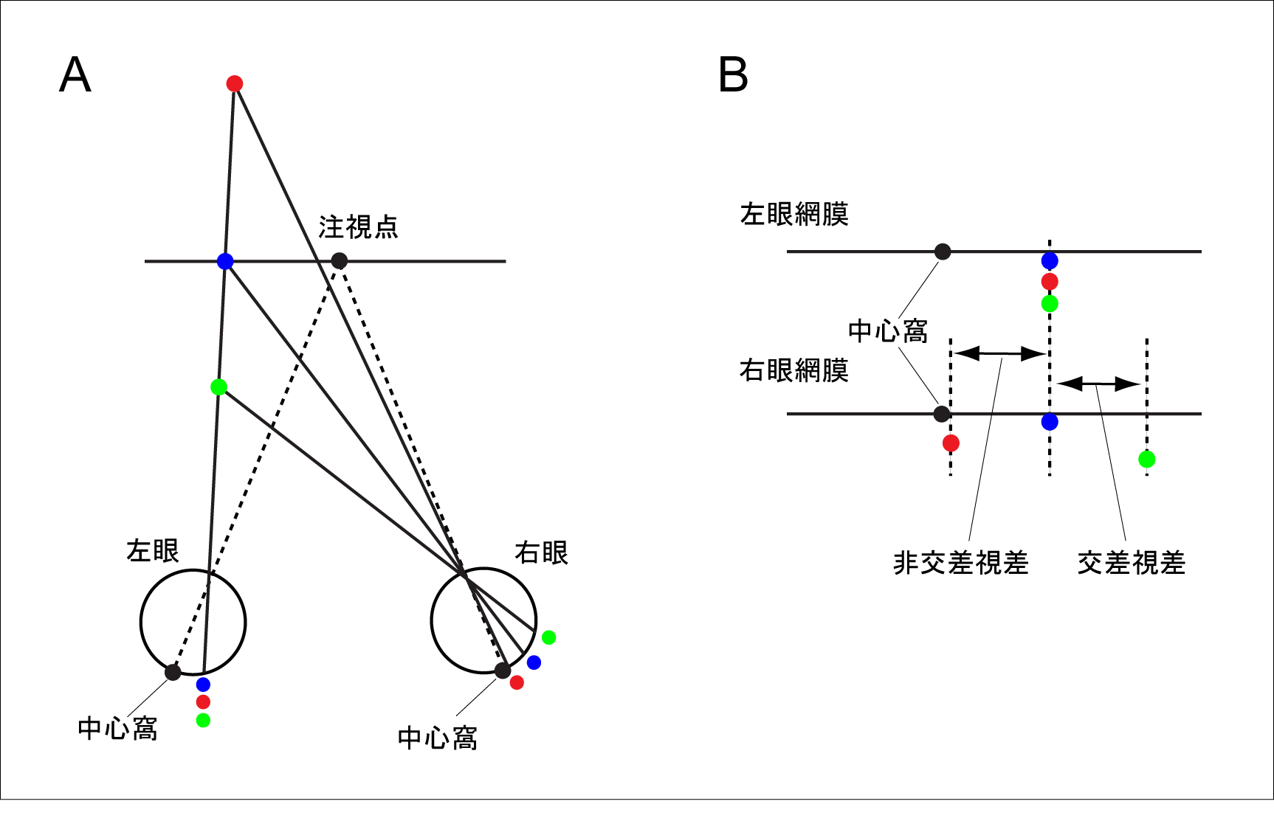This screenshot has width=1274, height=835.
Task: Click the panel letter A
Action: pos(75,75)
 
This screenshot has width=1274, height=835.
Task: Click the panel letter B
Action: pos(733,75)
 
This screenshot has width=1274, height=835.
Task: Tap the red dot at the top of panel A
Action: pos(235,83)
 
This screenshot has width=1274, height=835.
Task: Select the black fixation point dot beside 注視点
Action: pos(339,260)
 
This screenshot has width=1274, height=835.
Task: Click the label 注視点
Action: pos(358,226)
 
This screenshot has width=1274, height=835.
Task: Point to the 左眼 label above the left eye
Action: pos(153,550)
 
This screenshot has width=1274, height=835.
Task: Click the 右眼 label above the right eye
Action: pos(541,552)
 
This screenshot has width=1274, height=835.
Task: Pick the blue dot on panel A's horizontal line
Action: pos(225,261)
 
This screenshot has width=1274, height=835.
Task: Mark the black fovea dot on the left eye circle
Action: pos(173,672)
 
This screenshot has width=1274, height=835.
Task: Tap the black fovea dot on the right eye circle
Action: pos(503,671)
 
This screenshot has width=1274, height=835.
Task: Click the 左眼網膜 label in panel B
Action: pos(794,214)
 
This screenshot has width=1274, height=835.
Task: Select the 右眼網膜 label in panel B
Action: pos(794,370)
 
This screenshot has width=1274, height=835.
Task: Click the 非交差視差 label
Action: pos(960,563)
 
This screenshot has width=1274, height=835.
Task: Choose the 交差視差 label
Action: pos(1131,563)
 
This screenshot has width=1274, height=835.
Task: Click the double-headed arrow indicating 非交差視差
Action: pos(1000,353)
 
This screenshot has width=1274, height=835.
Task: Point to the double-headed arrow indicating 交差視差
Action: pos(1098,384)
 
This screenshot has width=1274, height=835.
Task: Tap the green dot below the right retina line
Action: pos(1146,460)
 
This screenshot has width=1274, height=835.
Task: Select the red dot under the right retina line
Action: pos(951,443)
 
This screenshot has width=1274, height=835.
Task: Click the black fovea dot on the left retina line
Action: pos(943,252)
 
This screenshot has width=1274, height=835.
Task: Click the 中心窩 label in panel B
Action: pos(888,331)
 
